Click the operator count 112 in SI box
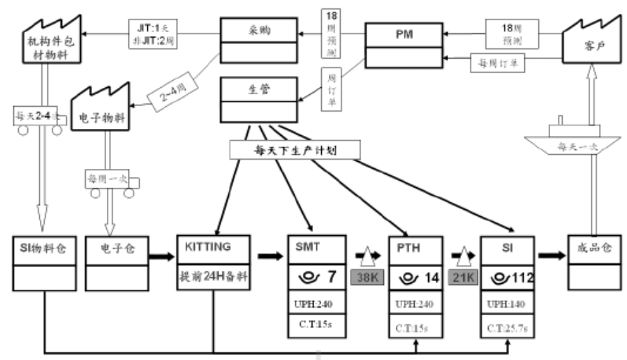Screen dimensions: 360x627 point(521,278)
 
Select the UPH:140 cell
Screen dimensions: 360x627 point(507,305)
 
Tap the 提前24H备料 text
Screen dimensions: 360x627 point(214,273)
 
